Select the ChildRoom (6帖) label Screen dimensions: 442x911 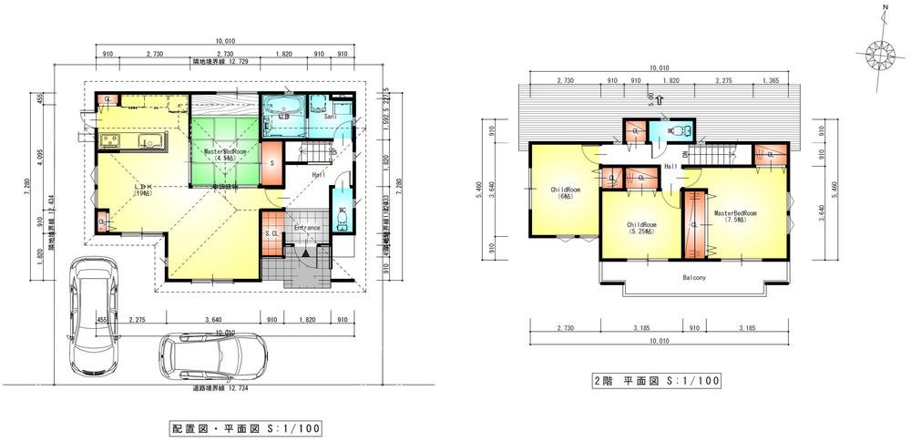tap(560, 193)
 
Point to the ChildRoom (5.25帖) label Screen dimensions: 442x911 tap(641, 228)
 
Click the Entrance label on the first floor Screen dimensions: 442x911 tap(306, 228)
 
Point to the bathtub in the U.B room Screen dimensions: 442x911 tap(283, 102)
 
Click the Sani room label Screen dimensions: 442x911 tap(331, 117)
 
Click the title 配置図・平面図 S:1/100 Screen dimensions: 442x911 tap(244, 427)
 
